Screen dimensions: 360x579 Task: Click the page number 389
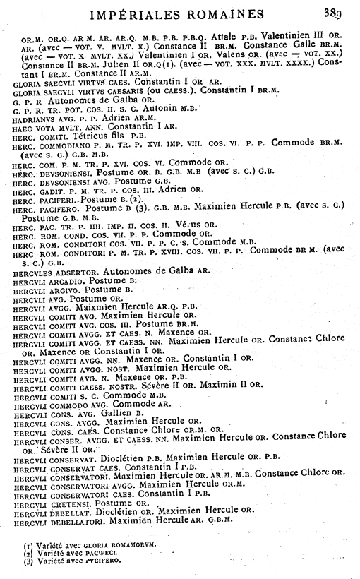[335, 12]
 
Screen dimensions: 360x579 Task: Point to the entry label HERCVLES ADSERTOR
[61, 270]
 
